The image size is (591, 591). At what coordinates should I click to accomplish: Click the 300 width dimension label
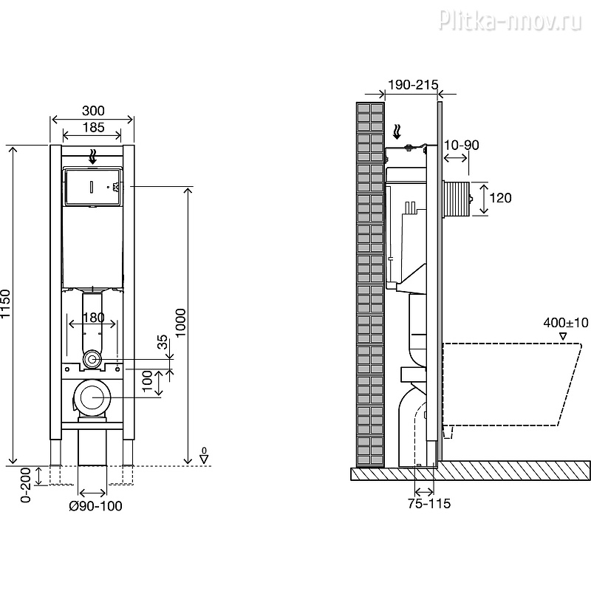pos(93,111)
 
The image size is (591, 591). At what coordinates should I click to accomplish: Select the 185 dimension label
pos(93,127)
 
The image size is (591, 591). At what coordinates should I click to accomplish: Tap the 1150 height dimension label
pos(4,304)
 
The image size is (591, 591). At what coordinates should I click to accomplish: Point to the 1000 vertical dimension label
pos(180,323)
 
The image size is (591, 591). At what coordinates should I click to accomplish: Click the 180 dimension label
pos(93,318)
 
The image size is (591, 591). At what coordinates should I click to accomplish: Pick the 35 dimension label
pos(162,342)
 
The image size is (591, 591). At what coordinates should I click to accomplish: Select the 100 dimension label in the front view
pos(147,381)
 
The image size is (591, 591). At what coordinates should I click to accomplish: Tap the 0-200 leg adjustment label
pos(25,485)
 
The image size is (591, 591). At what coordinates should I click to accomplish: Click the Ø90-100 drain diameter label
pos(95,506)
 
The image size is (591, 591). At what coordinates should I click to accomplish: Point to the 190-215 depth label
pos(413,85)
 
